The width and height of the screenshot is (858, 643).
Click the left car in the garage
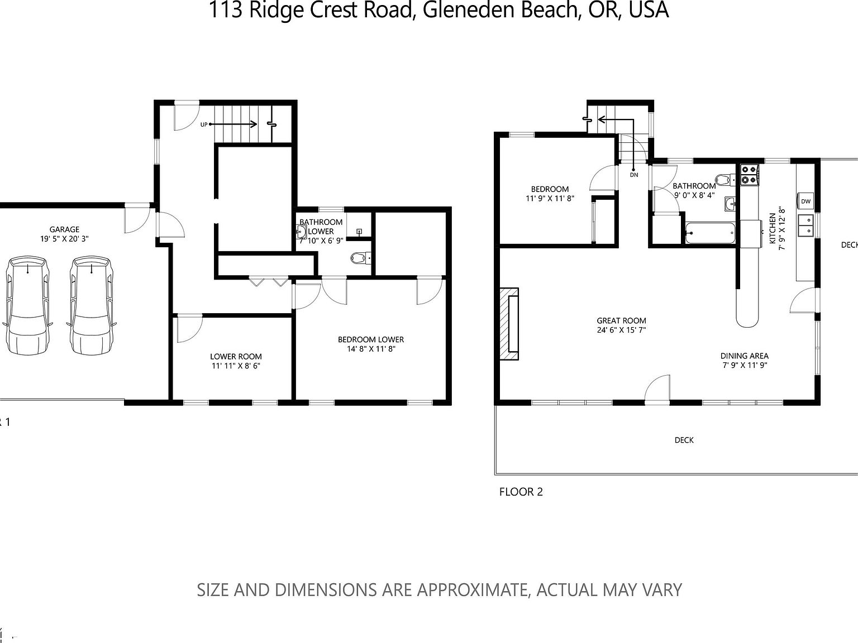coord(27,305)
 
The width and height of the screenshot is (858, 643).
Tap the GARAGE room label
coord(64,229)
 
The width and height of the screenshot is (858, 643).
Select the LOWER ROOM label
coord(236,356)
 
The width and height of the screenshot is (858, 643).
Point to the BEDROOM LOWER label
coord(370,339)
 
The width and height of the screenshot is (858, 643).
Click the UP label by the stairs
coord(204,124)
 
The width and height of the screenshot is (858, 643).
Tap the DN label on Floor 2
coord(633,175)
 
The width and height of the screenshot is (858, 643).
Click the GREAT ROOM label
coord(621,320)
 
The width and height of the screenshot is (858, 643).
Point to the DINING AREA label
coord(744,356)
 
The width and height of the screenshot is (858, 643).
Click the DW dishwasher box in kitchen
coord(805,201)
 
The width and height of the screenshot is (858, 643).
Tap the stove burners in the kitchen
coord(749,174)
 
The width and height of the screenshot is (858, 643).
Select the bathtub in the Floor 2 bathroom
coord(710,233)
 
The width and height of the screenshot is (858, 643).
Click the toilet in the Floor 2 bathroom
coord(724,180)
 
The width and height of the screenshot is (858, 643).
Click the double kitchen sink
coord(805,226)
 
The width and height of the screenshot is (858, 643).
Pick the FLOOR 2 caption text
coord(521,492)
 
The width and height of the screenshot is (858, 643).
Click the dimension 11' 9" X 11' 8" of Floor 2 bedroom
coord(550,198)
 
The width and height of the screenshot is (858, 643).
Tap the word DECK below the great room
coord(684,440)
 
